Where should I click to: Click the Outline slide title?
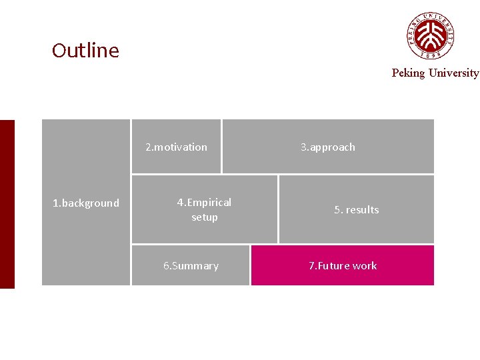tap(85, 51)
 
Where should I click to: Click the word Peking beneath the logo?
tap(408, 73)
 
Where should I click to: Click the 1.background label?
tap(86, 203)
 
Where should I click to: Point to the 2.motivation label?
tap(176, 147)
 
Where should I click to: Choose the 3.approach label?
tap(327, 147)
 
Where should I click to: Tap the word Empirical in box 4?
tap(209, 203)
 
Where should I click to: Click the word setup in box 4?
tap(204, 217)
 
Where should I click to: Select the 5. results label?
tap(356, 210)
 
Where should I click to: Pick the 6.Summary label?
tap(191, 266)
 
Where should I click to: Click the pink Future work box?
tap(342, 265)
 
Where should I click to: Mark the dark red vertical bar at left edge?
tap(7, 204)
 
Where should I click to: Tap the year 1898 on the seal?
tap(431, 55)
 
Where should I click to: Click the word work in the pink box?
tap(365, 266)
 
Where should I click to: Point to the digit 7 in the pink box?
tap(311, 266)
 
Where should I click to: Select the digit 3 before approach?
tap(303, 147)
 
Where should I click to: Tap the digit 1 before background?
tap(55, 203)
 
